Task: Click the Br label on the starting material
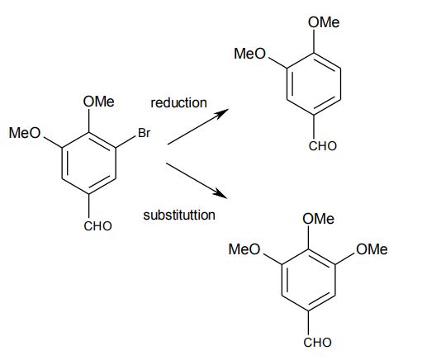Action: point(145,133)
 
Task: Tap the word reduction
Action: point(178,102)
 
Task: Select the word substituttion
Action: point(179,216)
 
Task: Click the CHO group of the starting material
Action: point(97,226)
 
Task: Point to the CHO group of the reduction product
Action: point(322,146)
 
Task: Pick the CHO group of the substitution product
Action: point(317,343)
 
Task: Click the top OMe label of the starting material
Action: point(99,102)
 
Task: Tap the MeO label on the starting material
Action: point(25,133)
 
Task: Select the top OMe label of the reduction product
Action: point(324,22)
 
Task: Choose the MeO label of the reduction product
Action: point(249,54)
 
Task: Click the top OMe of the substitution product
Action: point(319,219)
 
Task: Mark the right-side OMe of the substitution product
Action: point(372,249)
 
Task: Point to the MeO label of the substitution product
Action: point(244,249)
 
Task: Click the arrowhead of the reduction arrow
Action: point(221,113)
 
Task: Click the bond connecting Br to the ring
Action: point(126,142)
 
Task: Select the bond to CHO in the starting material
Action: point(89,206)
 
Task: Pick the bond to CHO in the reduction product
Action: point(314,126)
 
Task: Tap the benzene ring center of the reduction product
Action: point(314,84)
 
